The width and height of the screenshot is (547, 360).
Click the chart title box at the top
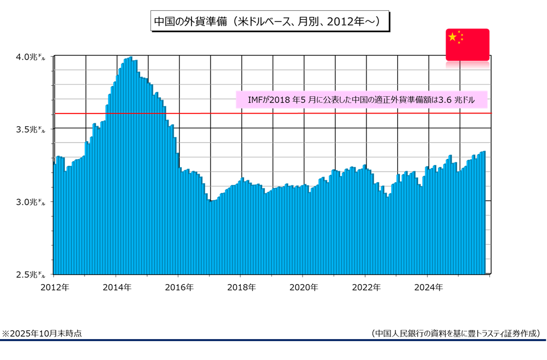pyautogui.click(x=269, y=21)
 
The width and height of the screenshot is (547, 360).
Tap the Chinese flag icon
pyautogui.click(x=467, y=45)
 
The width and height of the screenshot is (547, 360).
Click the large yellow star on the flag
pyautogui.click(x=452, y=37)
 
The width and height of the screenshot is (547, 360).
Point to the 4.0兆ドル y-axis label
pyautogui.click(x=30, y=57)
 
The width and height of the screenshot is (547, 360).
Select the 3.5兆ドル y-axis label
pyautogui.click(x=30, y=129)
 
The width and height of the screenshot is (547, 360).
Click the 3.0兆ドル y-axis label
pyautogui.click(x=30, y=202)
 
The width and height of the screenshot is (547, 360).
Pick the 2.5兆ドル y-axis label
pyautogui.click(x=30, y=274)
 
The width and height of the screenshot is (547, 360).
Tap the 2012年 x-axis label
pyautogui.click(x=54, y=287)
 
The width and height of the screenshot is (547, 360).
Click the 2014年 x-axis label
pyautogui.click(x=117, y=287)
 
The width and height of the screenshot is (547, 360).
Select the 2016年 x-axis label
pyautogui.click(x=179, y=287)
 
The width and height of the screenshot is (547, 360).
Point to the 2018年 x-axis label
pyautogui.click(x=241, y=287)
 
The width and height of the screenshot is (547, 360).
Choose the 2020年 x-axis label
pyautogui.click(x=304, y=287)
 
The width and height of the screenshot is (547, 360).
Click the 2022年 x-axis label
pyautogui.click(x=366, y=287)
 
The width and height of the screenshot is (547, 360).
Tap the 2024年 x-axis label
pyautogui.click(x=428, y=287)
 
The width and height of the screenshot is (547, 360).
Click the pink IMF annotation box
pyautogui.click(x=361, y=100)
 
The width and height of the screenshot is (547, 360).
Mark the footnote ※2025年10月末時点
pyautogui.click(x=42, y=334)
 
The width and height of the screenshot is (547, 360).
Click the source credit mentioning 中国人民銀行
pyautogui.click(x=455, y=334)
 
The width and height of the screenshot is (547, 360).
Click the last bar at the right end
pyautogui.click(x=483, y=214)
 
